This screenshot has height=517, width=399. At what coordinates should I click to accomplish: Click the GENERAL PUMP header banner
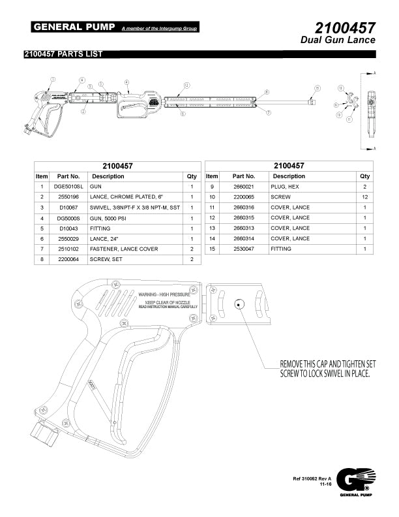[74, 27]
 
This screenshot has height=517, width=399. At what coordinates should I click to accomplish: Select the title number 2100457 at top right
[344, 28]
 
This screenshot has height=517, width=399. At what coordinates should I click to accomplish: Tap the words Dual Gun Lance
[338, 40]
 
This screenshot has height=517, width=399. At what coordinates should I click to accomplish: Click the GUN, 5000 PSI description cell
[111, 218]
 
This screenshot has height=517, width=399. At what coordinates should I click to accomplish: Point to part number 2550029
[68, 239]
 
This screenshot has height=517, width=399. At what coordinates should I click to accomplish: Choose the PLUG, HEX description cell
[288, 187]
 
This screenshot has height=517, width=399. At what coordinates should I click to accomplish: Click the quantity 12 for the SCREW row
[364, 197]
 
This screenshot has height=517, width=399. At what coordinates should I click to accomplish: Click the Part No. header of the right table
[243, 176]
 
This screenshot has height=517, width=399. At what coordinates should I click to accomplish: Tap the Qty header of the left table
[192, 176]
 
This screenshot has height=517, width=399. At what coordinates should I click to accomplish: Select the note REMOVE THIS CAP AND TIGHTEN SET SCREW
[325, 368]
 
